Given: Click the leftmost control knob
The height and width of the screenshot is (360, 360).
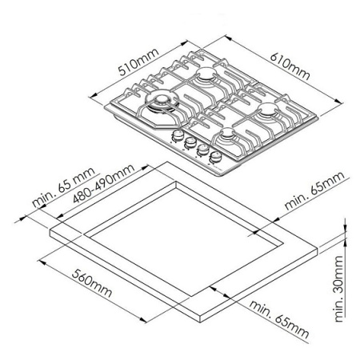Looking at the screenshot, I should click(x=177, y=138).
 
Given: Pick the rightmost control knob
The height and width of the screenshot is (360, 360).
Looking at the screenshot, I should click(x=215, y=156).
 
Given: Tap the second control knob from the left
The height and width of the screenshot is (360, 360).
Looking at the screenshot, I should click(x=190, y=144).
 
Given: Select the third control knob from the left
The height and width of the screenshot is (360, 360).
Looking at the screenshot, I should click(x=203, y=150).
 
